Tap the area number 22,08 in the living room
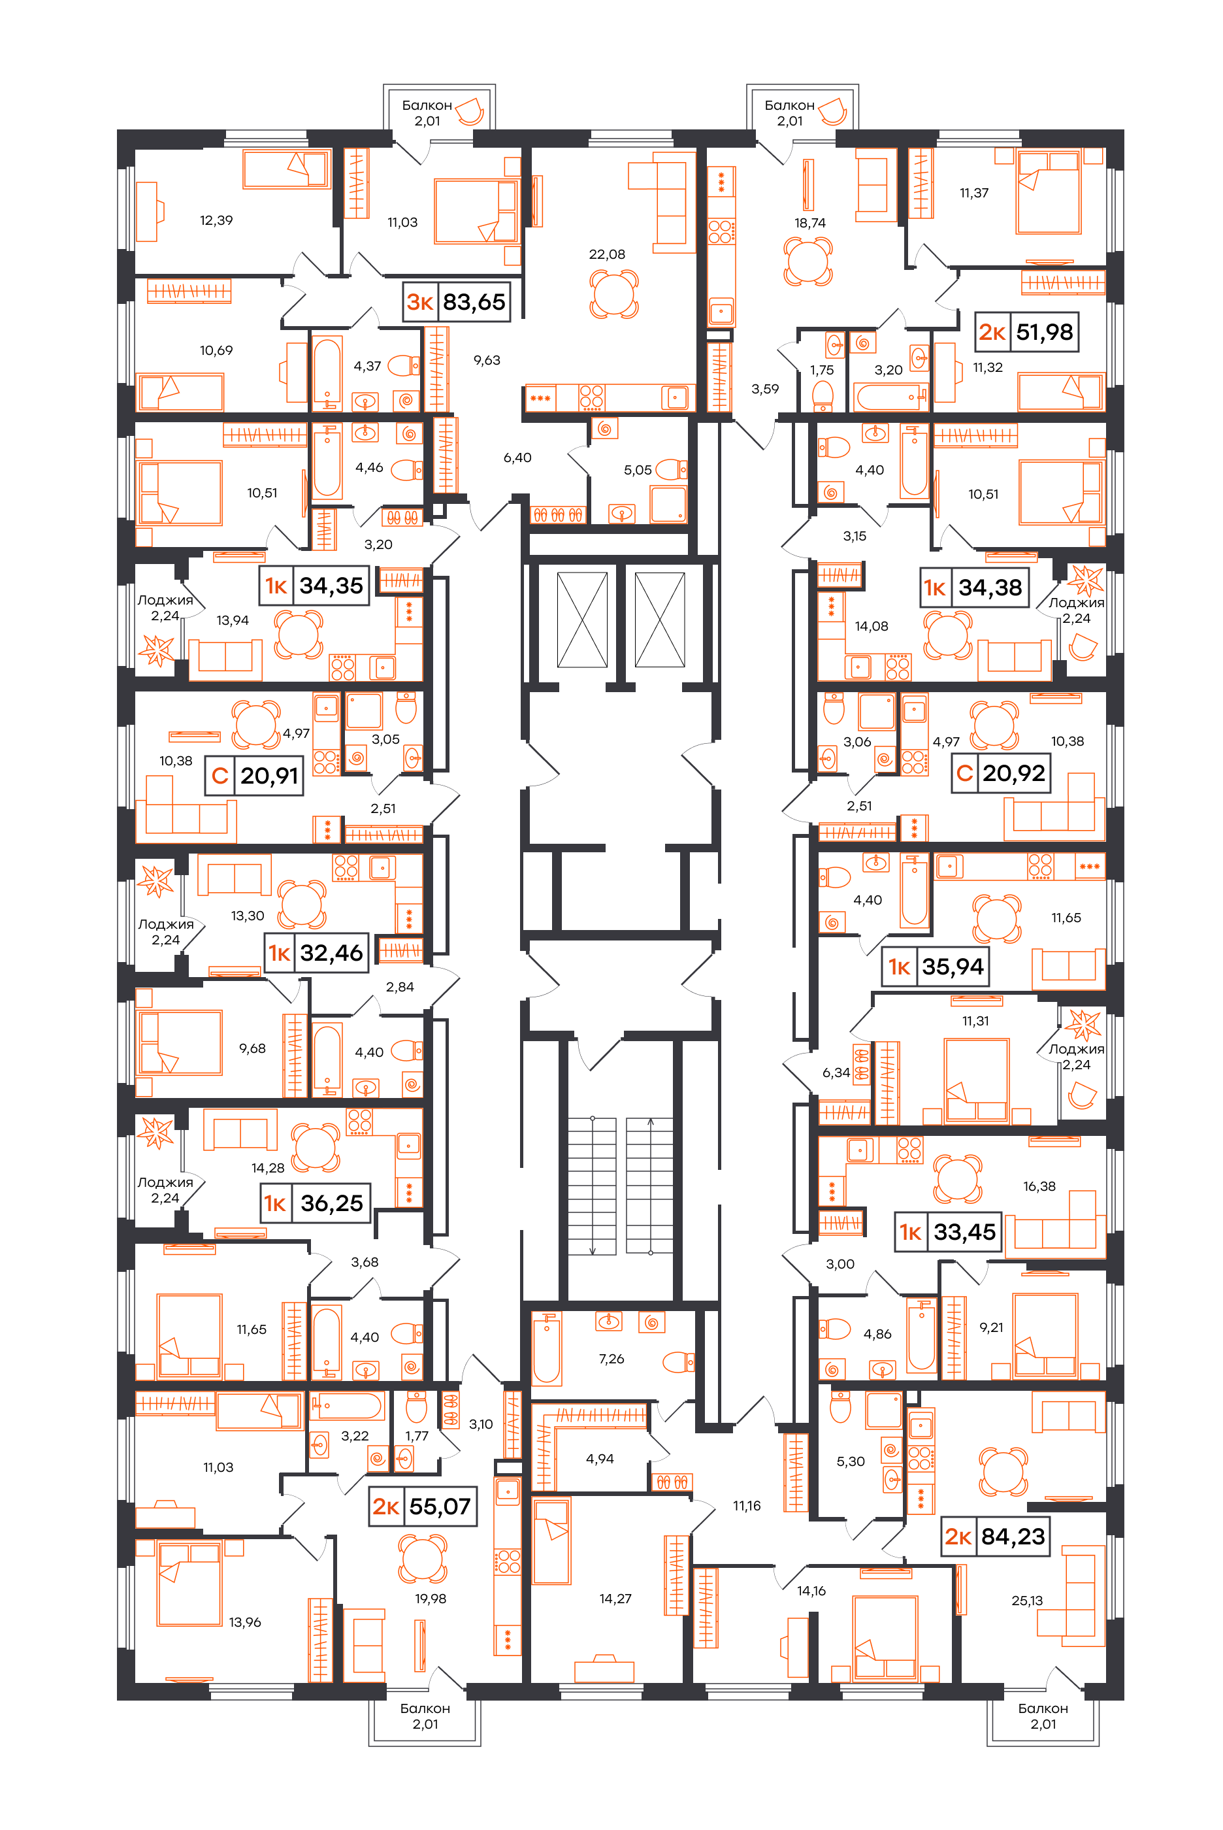[x=607, y=254]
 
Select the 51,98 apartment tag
[x=1026, y=332]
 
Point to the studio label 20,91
[x=254, y=775]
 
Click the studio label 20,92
[x=1000, y=773]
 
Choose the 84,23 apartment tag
[x=995, y=1536]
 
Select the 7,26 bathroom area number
[x=611, y=1359]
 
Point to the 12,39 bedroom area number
[x=216, y=221]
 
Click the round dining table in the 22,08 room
[x=614, y=294]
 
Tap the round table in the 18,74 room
[x=808, y=262]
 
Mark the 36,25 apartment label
[x=316, y=1203]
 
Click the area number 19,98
[x=431, y=1599]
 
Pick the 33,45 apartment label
[x=948, y=1232]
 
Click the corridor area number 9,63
[x=487, y=360]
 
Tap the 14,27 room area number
[x=615, y=1599]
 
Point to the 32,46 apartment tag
[x=316, y=952]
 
